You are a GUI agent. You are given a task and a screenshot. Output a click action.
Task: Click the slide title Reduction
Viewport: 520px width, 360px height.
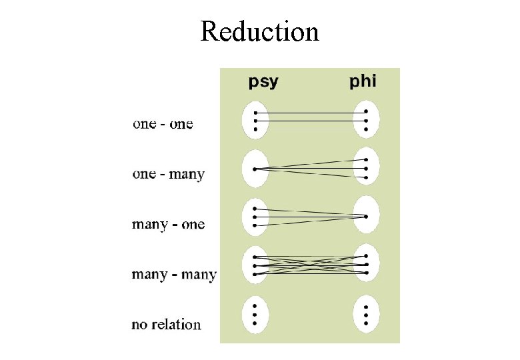click(259, 31)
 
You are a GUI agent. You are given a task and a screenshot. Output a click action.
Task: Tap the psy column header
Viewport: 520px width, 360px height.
click(263, 82)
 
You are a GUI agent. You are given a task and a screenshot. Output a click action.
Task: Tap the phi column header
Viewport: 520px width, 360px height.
click(363, 81)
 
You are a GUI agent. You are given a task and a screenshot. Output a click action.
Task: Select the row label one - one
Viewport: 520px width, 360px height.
click(163, 124)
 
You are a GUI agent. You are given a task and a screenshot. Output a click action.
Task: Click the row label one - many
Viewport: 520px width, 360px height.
click(168, 174)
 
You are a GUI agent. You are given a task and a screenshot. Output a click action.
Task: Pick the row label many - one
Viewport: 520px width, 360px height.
click(168, 224)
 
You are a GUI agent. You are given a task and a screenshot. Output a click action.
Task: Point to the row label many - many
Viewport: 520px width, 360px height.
click(174, 274)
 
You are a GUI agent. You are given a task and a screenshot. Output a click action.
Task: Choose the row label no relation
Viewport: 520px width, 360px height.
click(166, 325)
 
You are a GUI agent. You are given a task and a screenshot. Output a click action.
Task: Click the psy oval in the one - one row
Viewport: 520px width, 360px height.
click(255, 121)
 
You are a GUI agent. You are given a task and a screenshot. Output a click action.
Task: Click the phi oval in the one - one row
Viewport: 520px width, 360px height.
click(366, 121)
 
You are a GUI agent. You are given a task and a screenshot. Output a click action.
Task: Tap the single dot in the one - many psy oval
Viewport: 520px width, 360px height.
click(255, 169)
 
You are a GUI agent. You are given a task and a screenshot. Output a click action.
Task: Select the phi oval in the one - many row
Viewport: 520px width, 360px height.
click(366, 169)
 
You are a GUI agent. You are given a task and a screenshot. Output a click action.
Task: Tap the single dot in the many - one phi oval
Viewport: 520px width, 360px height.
click(366, 216)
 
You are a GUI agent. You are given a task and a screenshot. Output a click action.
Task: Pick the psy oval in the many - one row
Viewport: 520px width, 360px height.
click(255, 217)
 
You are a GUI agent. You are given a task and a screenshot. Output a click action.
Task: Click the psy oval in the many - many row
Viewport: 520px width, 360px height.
click(255, 265)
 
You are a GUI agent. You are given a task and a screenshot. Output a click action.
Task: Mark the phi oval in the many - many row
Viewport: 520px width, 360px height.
click(366, 264)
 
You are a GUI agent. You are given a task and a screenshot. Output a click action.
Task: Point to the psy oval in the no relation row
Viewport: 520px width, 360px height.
click(255, 315)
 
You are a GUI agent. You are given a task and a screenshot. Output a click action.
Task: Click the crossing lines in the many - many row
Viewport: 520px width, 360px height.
click(311, 265)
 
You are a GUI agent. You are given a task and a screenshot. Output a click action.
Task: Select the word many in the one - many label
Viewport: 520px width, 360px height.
click(187, 175)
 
